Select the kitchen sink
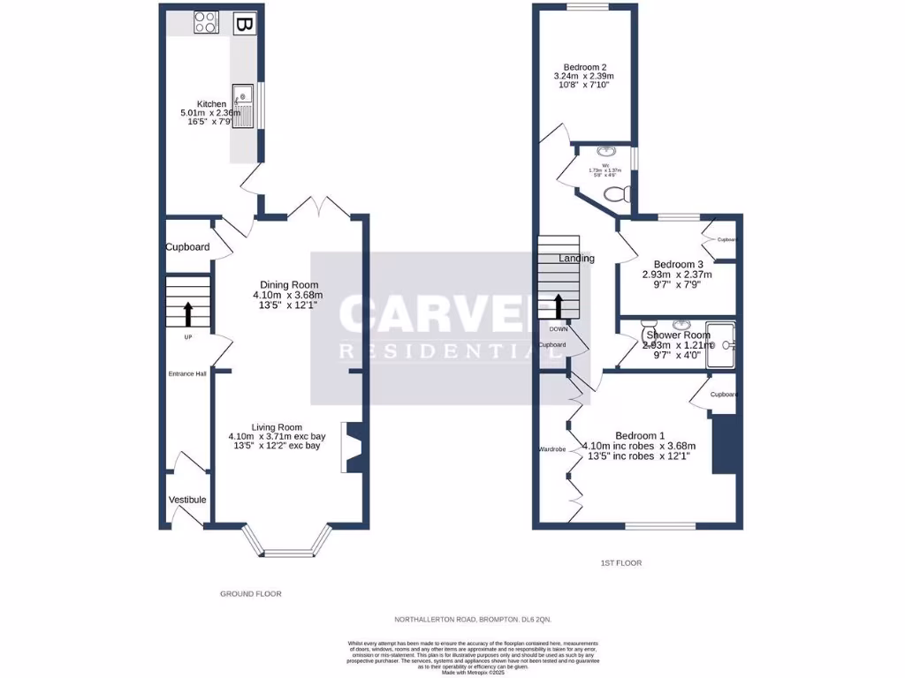pyautogui.click(x=243, y=106)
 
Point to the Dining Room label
pyautogui.click(x=288, y=283)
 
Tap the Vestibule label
pyautogui.click(x=186, y=500)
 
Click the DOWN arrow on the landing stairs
pyautogui.click(x=559, y=306)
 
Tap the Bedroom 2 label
pyautogui.click(x=585, y=67)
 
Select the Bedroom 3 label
pyautogui.click(x=678, y=264)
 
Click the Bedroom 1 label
pyautogui.click(x=640, y=435)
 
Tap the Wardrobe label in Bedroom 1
pyautogui.click(x=551, y=449)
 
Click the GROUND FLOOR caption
pyautogui.click(x=250, y=594)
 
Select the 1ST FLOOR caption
pyautogui.click(x=621, y=562)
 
